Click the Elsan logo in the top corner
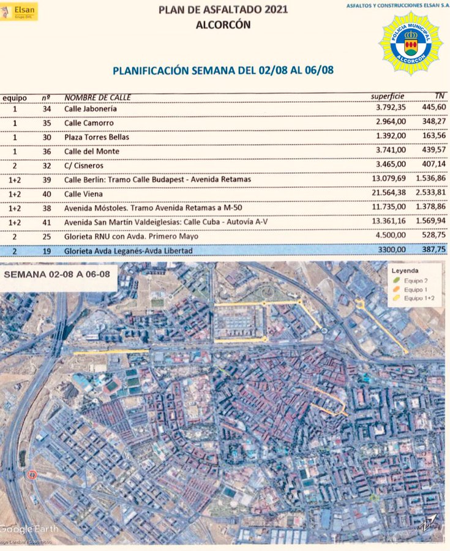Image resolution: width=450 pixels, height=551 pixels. [x=20, y=11]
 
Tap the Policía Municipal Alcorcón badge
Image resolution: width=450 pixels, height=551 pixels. [x=411, y=43]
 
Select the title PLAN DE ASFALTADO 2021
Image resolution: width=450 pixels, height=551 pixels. [x=223, y=9]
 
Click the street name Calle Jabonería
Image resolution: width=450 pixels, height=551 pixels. [x=91, y=109]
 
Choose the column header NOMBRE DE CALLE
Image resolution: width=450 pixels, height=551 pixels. [x=97, y=97]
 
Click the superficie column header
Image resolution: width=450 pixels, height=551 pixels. [x=388, y=97]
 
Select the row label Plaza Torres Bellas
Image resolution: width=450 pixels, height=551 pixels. [x=97, y=137]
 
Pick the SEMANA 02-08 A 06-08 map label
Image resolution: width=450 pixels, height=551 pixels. [x=57, y=274]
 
